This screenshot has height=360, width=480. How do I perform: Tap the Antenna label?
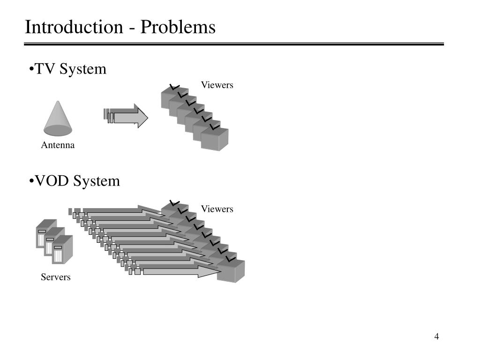(x=58, y=145)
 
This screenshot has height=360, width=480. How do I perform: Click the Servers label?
(x=56, y=277)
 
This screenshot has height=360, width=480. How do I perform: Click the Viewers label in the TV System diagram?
(x=217, y=85)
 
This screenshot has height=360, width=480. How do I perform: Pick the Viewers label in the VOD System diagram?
(x=217, y=209)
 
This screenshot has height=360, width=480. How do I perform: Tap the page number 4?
(x=436, y=337)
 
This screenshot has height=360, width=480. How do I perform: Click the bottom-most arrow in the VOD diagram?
(x=178, y=271)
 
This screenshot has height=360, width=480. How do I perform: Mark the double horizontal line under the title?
(x=234, y=45)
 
